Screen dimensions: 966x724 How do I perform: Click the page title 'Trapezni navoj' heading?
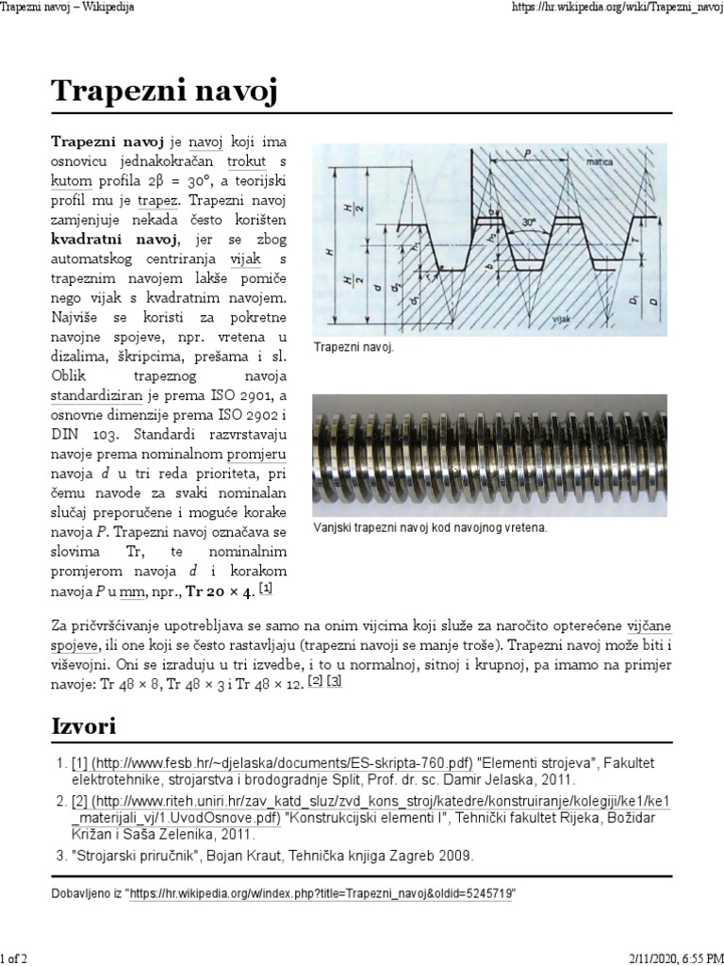coord(164,93)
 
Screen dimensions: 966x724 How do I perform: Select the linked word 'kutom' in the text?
coord(72,181)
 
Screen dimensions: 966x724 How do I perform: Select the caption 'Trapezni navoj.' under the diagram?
coord(354,348)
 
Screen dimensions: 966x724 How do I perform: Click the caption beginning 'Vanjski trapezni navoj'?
coord(430,527)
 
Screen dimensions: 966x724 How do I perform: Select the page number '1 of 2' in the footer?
coord(14,958)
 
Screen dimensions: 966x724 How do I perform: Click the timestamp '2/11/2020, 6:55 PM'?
coord(671,958)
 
